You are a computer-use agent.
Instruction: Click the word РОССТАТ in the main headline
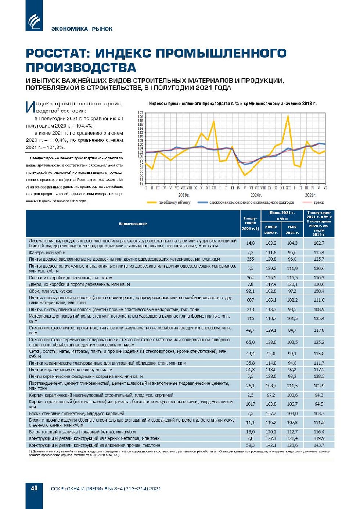[x=58, y=53]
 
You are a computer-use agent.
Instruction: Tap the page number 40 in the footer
[x=34, y=488]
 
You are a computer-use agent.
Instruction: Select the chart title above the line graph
[x=233, y=104]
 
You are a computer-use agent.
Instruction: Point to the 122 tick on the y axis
[x=140, y=113]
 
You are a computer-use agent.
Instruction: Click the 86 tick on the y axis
[x=140, y=183]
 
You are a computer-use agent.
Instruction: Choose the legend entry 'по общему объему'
[x=174, y=202]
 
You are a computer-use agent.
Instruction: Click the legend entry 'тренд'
[x=318, y=202]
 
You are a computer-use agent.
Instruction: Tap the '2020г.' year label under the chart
[x=256, y=195]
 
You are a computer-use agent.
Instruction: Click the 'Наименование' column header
[x=133, y=224]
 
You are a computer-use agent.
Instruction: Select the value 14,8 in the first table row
[x=250, y=243]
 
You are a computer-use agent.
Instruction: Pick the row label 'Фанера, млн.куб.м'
[x=47, y=253]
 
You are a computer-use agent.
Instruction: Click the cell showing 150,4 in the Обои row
[x=319, y=291]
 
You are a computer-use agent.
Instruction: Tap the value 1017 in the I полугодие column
[x=250, y=404]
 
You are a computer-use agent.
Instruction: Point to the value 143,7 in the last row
[x=319, y=445]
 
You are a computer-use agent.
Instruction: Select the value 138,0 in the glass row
[x=271, y=342]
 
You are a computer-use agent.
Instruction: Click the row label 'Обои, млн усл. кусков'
[x=51, y=291]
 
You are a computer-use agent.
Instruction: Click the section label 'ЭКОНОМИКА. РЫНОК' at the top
[x=82, y=29]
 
